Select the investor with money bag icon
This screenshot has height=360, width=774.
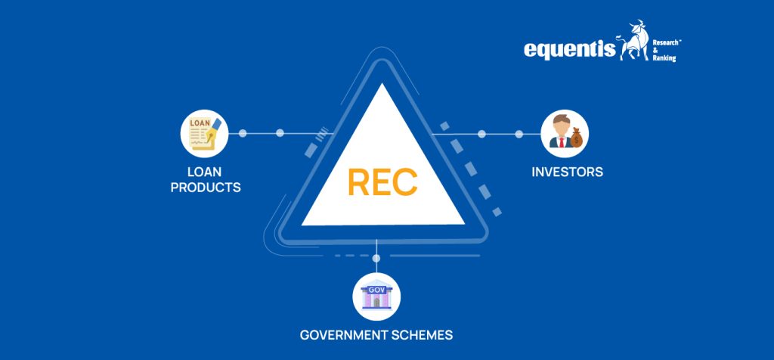click(565, 134)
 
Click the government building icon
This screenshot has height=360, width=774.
click(376, 296)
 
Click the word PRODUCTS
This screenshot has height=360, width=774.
click(206, 187)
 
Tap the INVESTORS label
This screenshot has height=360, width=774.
click(567, 172)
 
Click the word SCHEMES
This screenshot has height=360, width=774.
click(427, 334)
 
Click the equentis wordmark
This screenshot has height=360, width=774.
click(569, 49)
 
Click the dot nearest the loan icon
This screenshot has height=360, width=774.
click(243, 133)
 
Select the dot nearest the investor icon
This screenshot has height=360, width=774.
click(519, 134)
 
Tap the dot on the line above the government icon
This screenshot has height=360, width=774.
click(376, 259)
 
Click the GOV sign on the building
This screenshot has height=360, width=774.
click(376, 289)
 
